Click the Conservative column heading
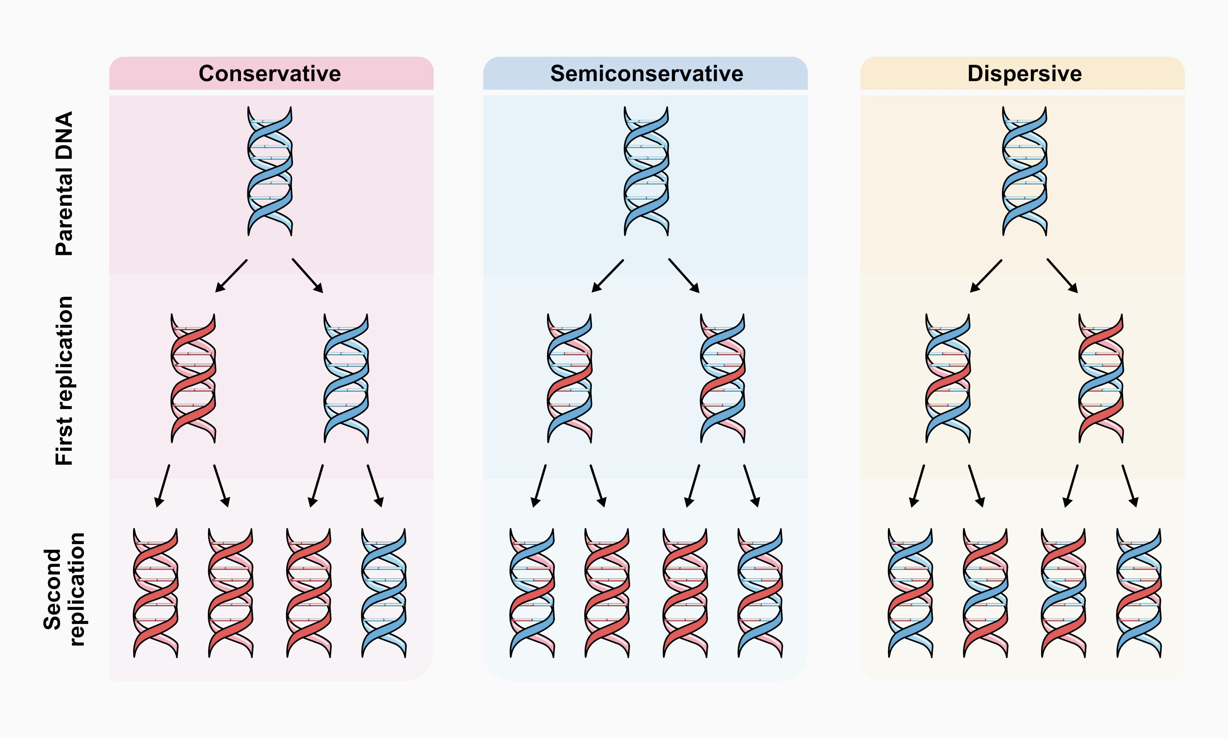(270, 74)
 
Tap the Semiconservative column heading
(647, 74)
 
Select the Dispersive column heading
(1024, 74)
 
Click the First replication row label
(65, 380)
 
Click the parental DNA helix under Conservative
(270, 171)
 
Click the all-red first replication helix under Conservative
(193, 378)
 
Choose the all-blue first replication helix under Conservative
(346, 378)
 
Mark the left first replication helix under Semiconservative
(570, 378)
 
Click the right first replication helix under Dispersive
(1101, 378)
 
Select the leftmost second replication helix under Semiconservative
(532, 593)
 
